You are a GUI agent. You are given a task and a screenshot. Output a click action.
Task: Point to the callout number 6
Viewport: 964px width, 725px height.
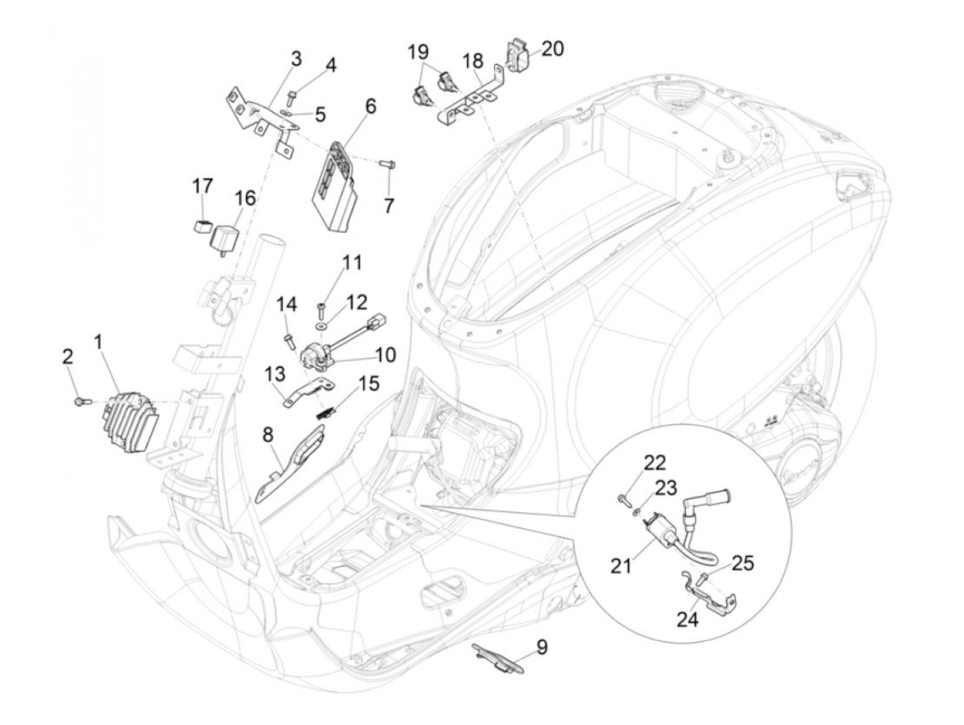pyautogui.click(x=370, y=105)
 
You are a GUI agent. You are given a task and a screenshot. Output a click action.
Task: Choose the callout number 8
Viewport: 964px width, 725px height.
pyautogui.click(x=267, y=435)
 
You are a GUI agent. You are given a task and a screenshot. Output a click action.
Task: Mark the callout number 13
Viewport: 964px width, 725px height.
pyautogui.click(x=275, y=374)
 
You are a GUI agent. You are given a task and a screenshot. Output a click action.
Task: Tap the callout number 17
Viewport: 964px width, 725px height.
pyautogui.click(x=202, y=186)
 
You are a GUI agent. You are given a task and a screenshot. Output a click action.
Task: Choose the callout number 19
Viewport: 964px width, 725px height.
pyautogui.click(x=418, y=52)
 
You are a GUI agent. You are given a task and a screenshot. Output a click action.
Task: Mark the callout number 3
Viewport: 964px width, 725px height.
pyautogui.click(x=295, y=59)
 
